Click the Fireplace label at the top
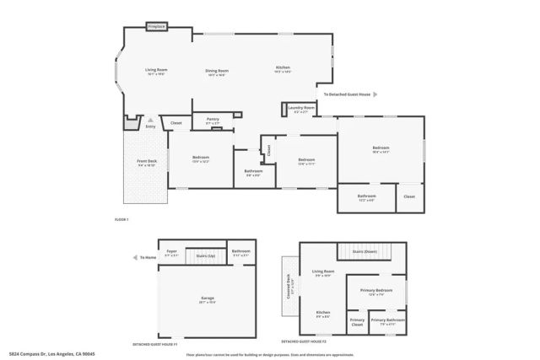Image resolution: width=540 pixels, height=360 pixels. point(157,27)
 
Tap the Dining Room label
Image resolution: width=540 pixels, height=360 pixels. point(217,71)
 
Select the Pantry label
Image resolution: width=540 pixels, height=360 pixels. point(213,120)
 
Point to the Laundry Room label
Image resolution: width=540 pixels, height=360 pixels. point(301,108)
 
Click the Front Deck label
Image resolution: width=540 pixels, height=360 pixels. point(148,162)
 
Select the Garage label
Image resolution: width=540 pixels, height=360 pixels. point(207,298)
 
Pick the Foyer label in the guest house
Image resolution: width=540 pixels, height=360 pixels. point(171,251)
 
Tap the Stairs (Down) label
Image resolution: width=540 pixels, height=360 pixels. point(365,251)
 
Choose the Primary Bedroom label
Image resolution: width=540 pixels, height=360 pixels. point(377,290)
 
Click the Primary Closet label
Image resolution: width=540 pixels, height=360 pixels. point(357,322)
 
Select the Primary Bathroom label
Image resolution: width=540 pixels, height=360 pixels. point(387,320)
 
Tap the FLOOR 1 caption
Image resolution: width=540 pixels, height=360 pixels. point(121,219)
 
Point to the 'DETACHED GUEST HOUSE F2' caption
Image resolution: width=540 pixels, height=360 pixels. point(303,343)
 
